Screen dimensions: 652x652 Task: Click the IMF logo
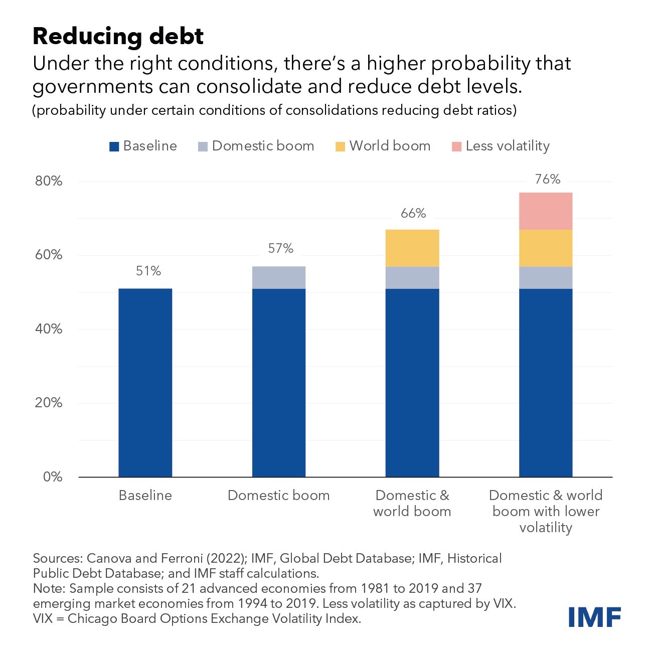(x=595, y=617)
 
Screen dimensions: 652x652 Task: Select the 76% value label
(x=547, y=179)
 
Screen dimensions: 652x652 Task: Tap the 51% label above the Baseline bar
(x=148, y=271)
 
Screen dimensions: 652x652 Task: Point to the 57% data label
(x=281, y=248)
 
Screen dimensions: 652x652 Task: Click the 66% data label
(x=413, y=213)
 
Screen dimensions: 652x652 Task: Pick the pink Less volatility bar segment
(x=546, y=211)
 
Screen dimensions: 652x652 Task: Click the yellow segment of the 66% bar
(x=412, y=248)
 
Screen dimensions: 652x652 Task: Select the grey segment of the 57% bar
(x=279, y=277)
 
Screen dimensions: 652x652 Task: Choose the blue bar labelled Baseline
(x=145, y=382)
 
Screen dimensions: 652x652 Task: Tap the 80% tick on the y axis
(x=49, y=181)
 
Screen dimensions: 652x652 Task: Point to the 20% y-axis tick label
(x=49, y=403)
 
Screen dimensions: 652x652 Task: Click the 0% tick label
(x=53, y=476)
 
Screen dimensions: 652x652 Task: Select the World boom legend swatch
(x=341, y=147)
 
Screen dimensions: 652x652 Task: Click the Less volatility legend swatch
(x=456, y=147)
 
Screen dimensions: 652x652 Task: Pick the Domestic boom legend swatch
(x=203, y=147)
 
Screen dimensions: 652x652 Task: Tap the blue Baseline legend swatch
(x=114, y=147)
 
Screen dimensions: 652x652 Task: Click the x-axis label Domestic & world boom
(x=412, y=503)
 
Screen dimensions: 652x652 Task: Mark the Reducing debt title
(x=118, y=36)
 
